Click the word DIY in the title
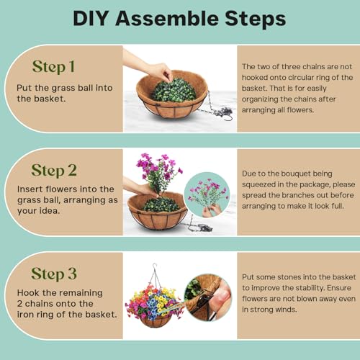pyautogui.click(x=90, y=19)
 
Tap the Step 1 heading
pyautogui.click(x=53, y=66)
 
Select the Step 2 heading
pyautogui.click(x=54, y=171)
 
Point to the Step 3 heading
pyautogui.click(x=54, y=274)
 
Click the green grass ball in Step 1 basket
pyautogui.click(x=174, y=90)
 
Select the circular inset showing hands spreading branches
pyautogui.click(x=207, y=194)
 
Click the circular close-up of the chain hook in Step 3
pyautogui.click(x=208, y=297)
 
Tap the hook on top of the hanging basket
pyautogui.click(x=155, y=266)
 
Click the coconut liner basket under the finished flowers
pyautogui.click(x=156, y=322)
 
